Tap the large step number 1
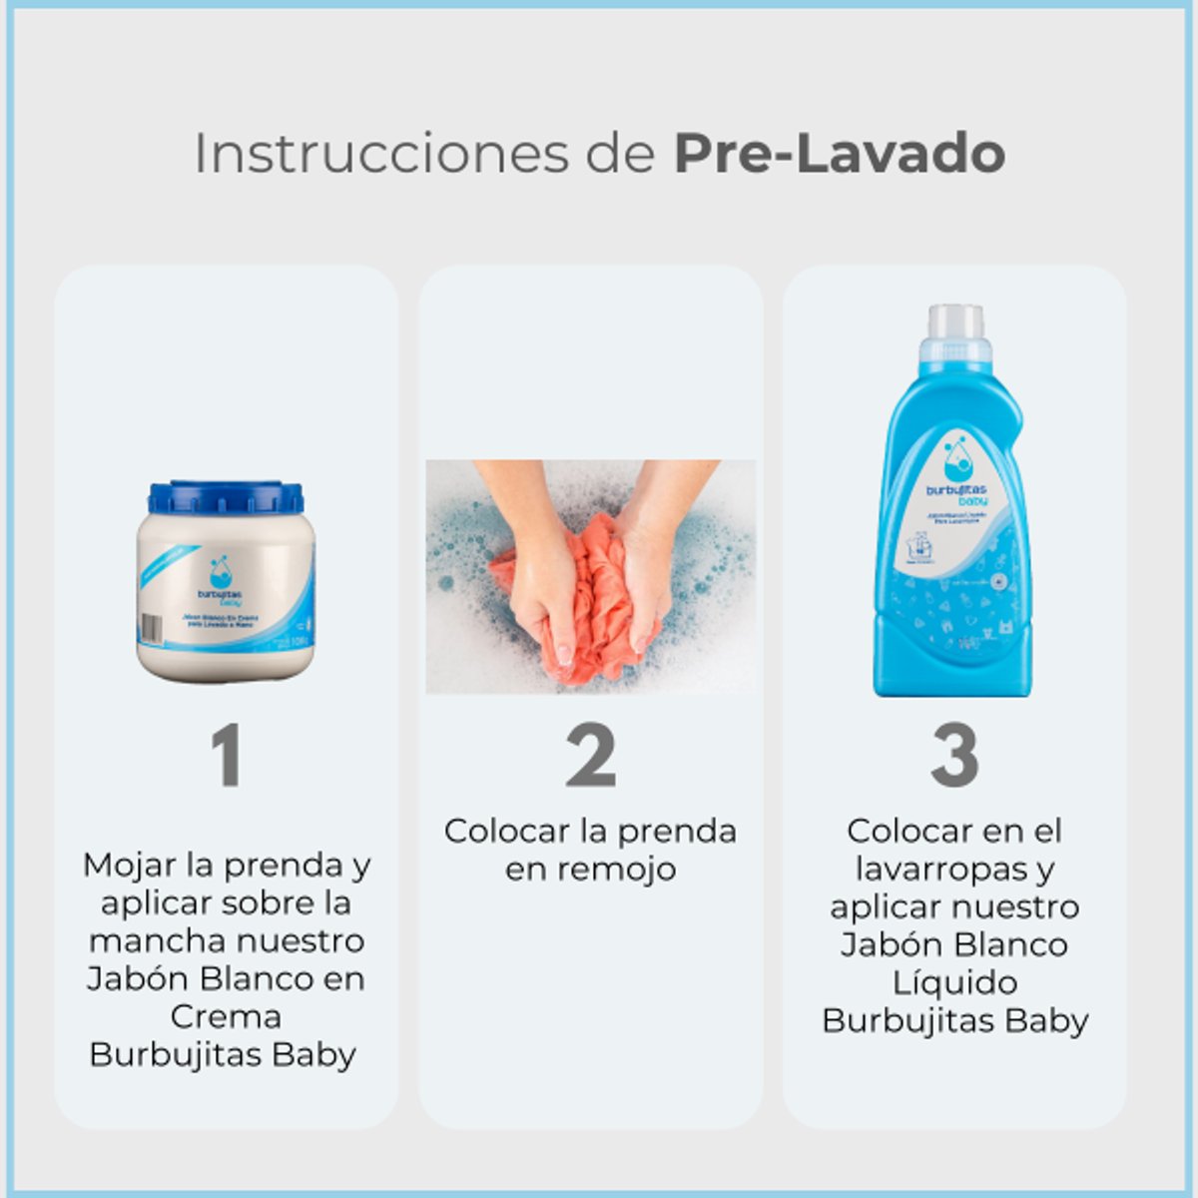pos(227,756)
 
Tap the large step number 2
pos(590,756)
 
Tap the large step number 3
pos(954,756)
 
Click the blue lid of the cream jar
pos(226,497)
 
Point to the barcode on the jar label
pos(150,628)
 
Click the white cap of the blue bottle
pos(955,321)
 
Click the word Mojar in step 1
pos(124,865)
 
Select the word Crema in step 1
pos(226,1016)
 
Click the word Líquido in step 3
pos(954,982)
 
